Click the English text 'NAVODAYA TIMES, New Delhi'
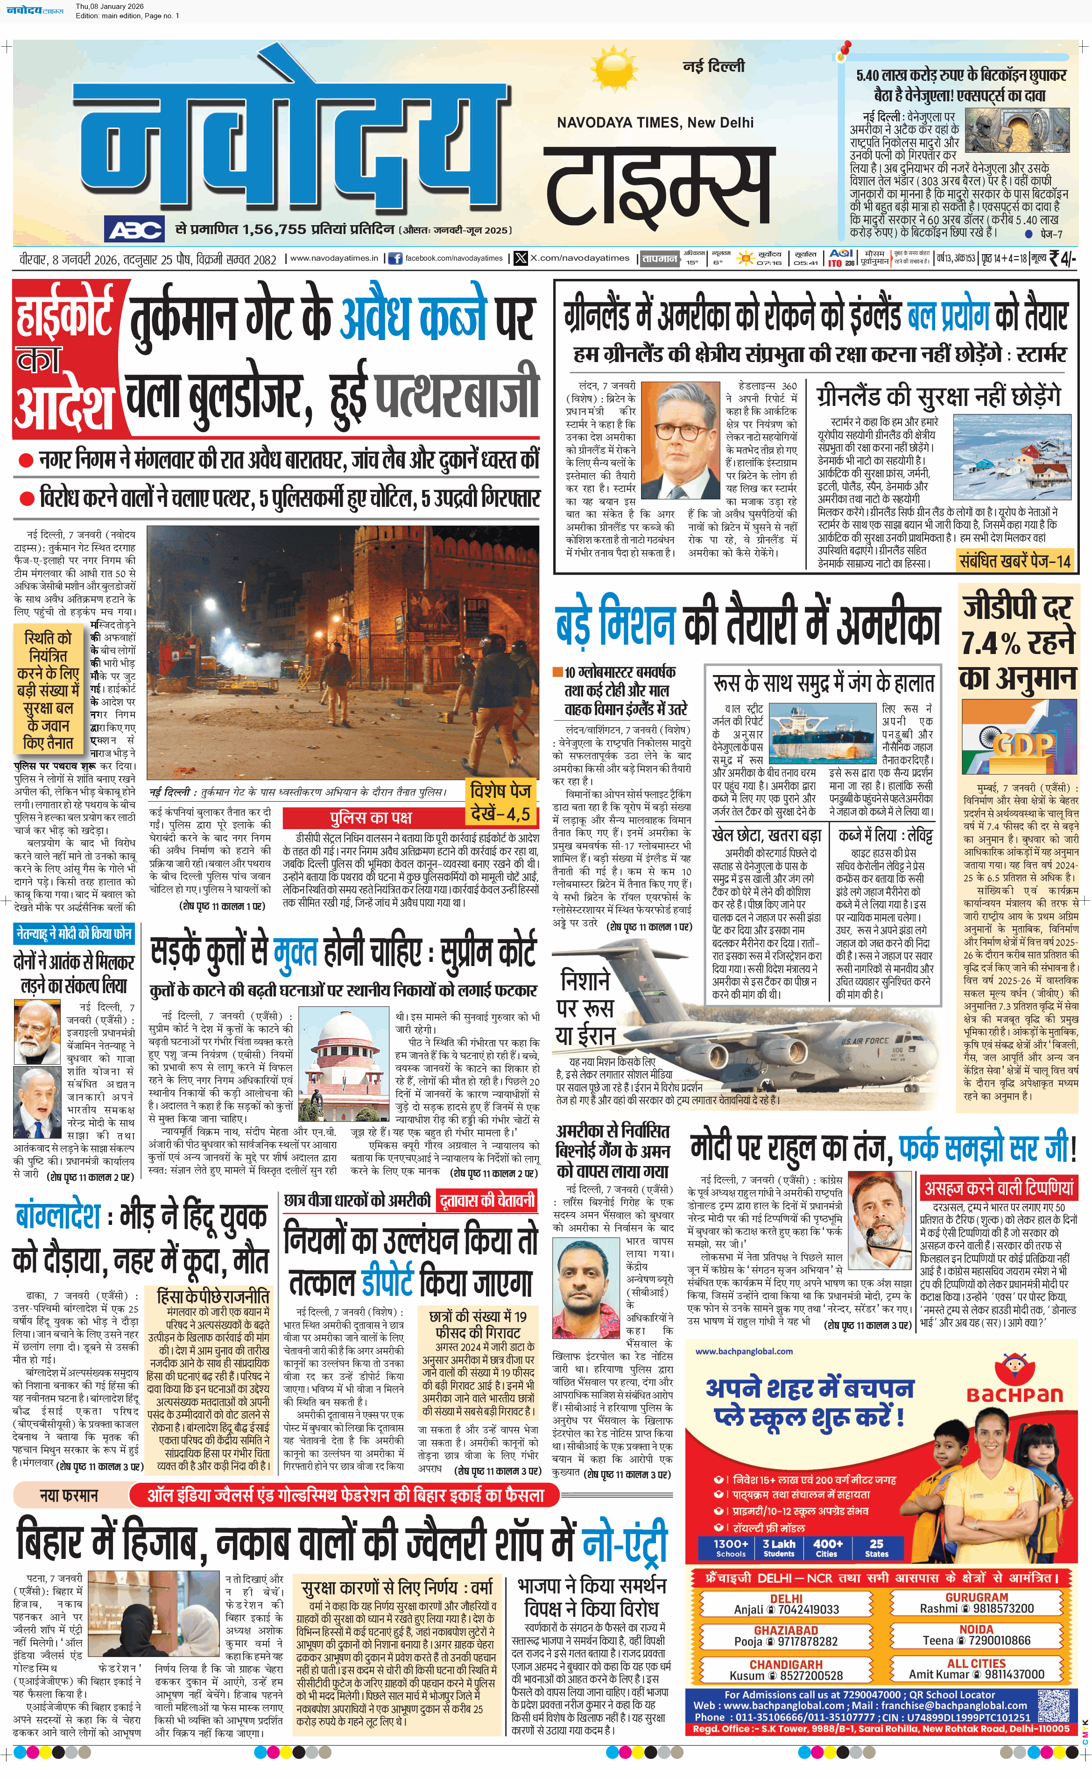[x=655, y=123]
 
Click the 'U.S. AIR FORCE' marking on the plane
[x=865, y=1041]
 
